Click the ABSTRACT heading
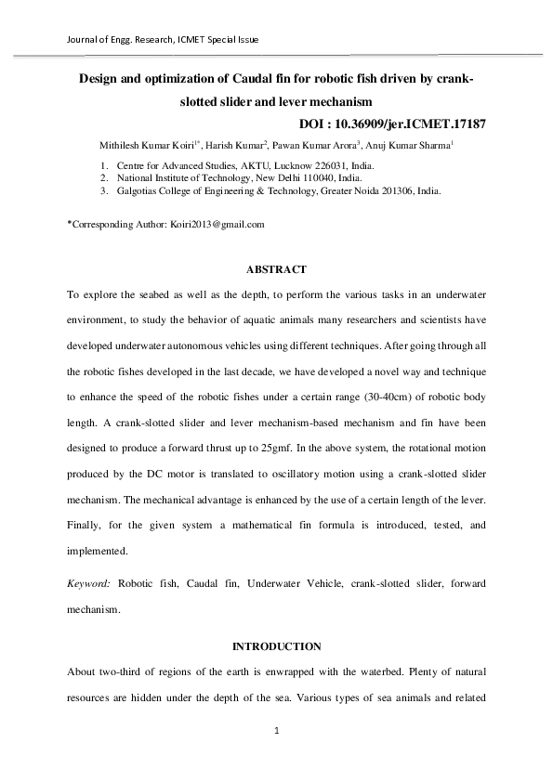(275, 269)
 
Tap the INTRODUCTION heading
(275, 645)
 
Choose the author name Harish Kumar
(230, 145)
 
